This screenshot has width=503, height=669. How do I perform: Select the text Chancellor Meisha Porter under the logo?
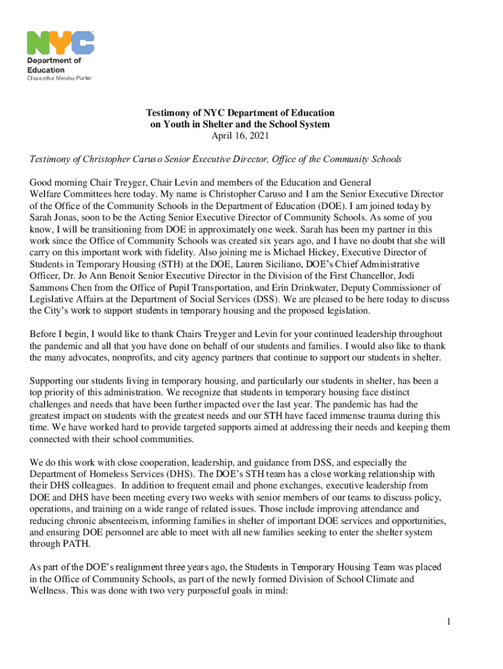pos(59,78)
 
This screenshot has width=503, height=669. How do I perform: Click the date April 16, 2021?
pos(240,136)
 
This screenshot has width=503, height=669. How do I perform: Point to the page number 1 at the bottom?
pos(449,621)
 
